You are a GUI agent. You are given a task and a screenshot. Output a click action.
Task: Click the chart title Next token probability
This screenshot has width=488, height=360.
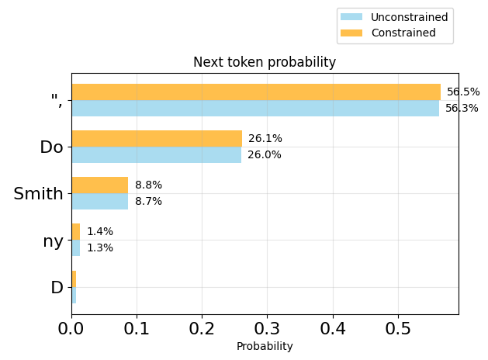coord(265,63)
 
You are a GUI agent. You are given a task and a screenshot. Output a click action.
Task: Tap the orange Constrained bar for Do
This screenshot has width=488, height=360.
coord(157,139)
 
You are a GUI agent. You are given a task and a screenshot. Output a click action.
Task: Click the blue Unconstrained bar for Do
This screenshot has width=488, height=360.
coord(156,155)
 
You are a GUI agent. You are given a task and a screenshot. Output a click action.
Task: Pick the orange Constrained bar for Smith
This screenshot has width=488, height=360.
coord(100,185)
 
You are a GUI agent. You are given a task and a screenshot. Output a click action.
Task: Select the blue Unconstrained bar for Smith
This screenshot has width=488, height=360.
coord(100,202)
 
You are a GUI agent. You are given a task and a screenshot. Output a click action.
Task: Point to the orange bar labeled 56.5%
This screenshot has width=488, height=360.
coord(256,92)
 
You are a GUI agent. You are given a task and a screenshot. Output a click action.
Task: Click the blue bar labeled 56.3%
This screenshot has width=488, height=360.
coord(255,109)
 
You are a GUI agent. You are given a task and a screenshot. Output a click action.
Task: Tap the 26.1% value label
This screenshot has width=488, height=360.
coord(265,139)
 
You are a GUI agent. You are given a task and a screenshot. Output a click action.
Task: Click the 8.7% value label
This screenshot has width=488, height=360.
coord(148,202)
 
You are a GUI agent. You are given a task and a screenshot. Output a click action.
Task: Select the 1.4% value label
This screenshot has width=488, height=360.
coord(100,232)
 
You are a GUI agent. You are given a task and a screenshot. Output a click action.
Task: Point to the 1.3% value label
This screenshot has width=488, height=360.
coord(100,248)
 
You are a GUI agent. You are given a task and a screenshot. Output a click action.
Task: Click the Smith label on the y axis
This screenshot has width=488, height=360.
coord(38,194)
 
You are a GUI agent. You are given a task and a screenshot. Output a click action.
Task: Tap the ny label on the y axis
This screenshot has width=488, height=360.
coord(53,241)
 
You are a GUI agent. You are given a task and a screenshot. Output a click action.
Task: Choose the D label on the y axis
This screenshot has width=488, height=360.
coord(57,288)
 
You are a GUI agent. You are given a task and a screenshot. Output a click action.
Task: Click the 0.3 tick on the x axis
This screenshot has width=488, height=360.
coord(268,329)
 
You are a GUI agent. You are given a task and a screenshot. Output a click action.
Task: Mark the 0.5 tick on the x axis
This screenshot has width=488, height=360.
coord(398,329)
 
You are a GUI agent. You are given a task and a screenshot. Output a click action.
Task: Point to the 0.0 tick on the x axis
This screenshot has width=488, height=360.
coord(71,329)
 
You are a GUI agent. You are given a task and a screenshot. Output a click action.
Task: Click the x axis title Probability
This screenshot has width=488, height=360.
coord(265,347)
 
